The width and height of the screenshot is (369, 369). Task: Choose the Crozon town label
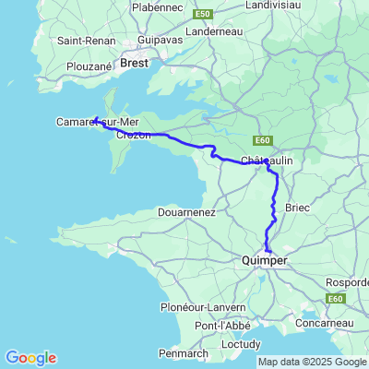tap(133, 135)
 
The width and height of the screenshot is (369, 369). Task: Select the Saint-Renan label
tap(83, 41)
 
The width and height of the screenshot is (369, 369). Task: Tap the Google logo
tap(30, 358)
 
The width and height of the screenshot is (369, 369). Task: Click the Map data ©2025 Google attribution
tap(312, 362)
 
